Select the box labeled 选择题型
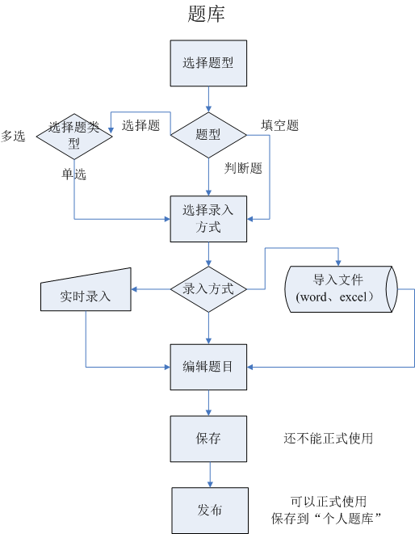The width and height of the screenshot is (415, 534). (208, 62)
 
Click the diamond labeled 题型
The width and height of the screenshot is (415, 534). (208, 135)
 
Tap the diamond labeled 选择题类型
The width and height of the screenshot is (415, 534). (74, 135)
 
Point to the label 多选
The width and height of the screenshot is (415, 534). (14, 136)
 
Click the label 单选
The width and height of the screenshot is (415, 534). (73, 174)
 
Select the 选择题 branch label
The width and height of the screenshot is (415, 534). (140, 125)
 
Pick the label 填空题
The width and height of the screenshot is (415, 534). (279, 125)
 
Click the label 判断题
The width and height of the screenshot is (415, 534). (243, 168)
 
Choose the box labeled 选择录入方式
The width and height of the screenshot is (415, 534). (208, 218)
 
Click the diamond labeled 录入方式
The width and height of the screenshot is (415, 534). (208, 288)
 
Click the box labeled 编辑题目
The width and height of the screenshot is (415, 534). (208, 367)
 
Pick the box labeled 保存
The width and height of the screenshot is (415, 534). (208, 439)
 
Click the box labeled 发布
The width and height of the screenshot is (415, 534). (209, 510)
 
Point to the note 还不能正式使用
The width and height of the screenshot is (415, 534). (328, 439)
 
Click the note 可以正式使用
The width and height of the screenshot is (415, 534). (329, 502)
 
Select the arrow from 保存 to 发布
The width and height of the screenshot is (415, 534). (209, 474)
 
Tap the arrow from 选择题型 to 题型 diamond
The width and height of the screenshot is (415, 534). (208, 99)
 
